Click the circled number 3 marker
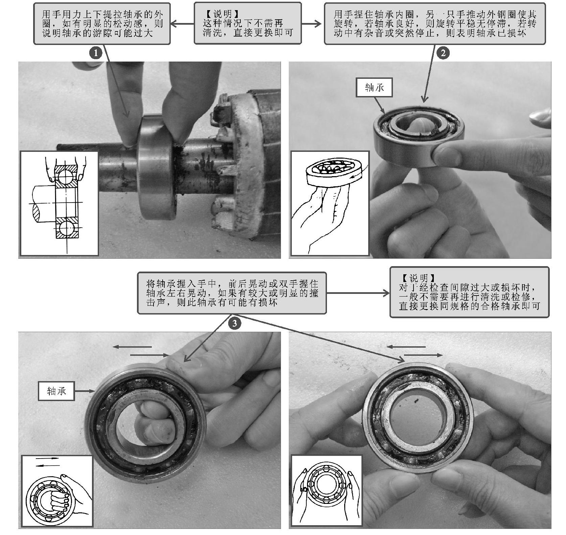pos(235,324)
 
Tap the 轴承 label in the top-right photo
pos(375,88)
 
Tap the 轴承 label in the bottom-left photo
pos(56,391)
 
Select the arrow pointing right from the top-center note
pos(311,24)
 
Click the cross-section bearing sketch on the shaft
pos(60,203)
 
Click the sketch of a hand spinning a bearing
pos(330,203)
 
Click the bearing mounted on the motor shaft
pos(158,166)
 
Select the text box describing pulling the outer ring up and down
pos(102,23)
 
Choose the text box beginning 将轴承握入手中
pos(232,293)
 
